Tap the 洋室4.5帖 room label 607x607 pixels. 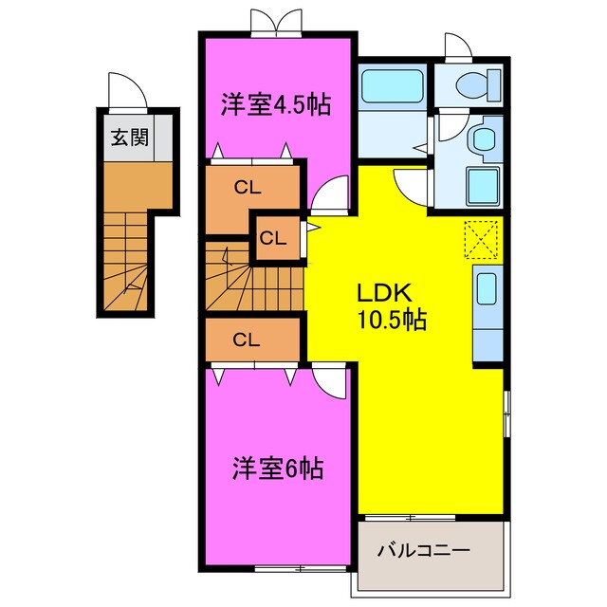tap(277, 104)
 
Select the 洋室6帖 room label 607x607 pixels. tap(278, 468)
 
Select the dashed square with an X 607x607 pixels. tap(482, 238)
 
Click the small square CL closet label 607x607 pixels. tap(273, 238)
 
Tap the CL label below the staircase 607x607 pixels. tap(248, 339)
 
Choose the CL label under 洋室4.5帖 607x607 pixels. tap(248, 188)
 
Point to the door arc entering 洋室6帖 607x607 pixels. tap(330, 384)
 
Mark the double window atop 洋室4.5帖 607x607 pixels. tap(268, 24)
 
